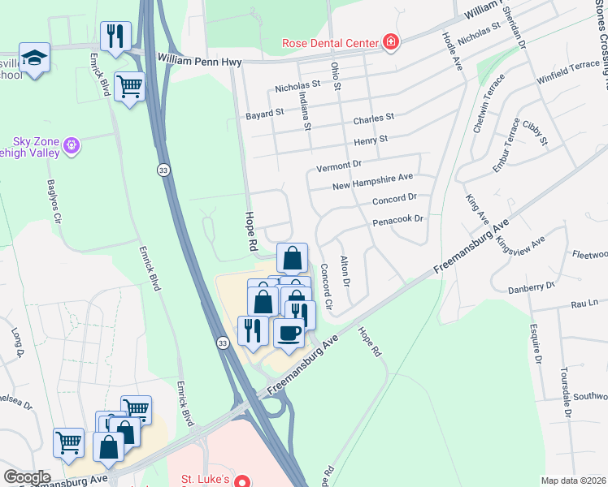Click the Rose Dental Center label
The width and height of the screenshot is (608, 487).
click(330, 43)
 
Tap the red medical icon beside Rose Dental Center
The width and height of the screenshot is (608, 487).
click(391, 42)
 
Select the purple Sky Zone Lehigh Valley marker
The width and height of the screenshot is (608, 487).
click(72, 145)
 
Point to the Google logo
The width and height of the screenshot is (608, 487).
click(27, 477)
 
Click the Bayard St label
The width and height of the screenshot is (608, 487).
click(265, 115)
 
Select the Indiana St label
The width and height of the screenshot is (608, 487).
click(306, 110)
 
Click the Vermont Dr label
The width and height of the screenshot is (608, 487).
click(339, 165)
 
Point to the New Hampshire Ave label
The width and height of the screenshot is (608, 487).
click(373, 182)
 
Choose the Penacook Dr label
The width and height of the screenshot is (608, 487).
click(398, 219)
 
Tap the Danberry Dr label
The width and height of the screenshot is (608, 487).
click(532, 286)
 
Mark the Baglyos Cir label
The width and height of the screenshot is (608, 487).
click(52, 202)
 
